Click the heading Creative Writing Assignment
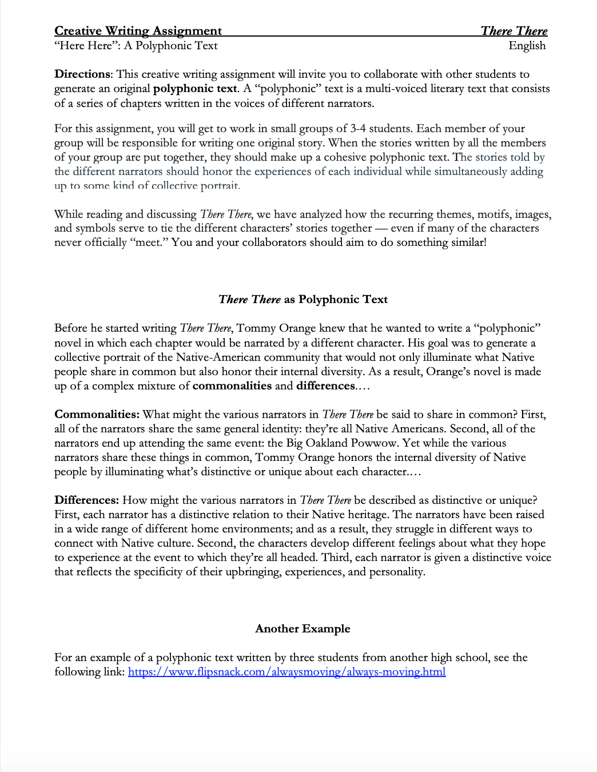click(138, 31)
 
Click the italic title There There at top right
click(514, 31)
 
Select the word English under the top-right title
click(527, 46)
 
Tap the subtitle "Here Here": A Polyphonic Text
click(136, 46)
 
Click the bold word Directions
click(82, 74)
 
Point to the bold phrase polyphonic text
click(194, 89)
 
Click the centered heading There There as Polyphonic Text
click(303, 300)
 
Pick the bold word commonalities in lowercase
click(232, 385)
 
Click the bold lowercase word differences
click(325, 385)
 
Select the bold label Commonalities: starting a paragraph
click(97, 414)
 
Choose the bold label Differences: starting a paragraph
click(86, 500)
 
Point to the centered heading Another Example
click(303, 629)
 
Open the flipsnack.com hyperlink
click(286, 672)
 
